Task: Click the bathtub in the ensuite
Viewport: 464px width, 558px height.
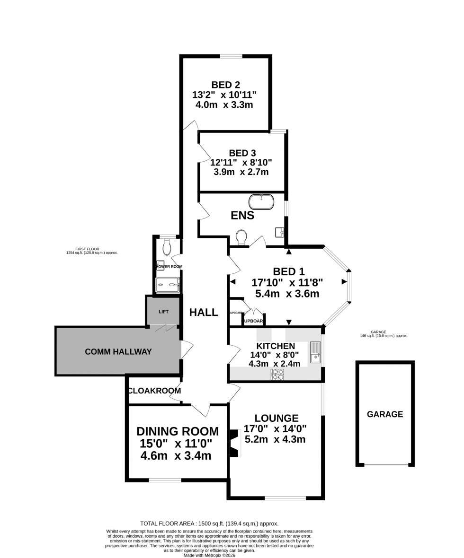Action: coord(261,201)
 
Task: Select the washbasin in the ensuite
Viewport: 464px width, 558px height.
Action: coord(279,232)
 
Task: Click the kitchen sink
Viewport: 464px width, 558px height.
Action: coord(315,352)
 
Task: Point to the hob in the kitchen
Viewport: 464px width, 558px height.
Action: coord(277,375)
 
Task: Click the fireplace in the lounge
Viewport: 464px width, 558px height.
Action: coord(234,443)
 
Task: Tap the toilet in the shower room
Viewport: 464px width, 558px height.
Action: coord(166,246)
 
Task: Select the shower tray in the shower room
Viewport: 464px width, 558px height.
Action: coord(168,285)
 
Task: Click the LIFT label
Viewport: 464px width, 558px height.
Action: coord(163,312)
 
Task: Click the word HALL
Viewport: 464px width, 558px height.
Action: coord(204,312)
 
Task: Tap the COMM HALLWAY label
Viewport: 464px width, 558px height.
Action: coord(118,351)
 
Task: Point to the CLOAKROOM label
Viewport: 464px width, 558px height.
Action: coord(154,391)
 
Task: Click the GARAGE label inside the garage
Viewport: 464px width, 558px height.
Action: coord(384,414)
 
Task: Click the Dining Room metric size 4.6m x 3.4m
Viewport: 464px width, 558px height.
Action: coord(176,456)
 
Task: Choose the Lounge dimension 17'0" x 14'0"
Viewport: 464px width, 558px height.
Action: coord(275,429)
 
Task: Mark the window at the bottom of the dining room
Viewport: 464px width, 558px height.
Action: coord(165,480)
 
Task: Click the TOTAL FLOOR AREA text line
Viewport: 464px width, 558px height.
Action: coord(209,523)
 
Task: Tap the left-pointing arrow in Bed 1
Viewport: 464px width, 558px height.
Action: coord(233,282)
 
